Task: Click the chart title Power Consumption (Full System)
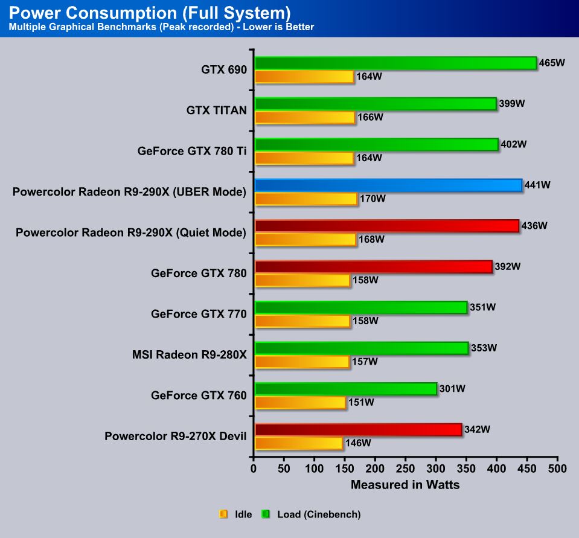(x=150, y=12)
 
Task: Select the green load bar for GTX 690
(x=395, y=63)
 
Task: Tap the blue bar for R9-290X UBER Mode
(x=388, y=185)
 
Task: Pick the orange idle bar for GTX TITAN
(x=305, y=117)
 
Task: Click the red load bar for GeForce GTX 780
(x=373, y=267)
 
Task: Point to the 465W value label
(x=551, y=63)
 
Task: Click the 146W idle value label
(x=357, y=443)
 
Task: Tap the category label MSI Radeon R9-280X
(x=189, y=354)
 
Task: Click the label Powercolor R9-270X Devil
(x=175, y=436)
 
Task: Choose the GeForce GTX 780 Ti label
(x=192, y=151)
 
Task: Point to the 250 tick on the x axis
(x=406, y=469)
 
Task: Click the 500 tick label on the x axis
(x=557, y=469)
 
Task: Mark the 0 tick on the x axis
(x=254, y=469)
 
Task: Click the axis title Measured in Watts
(x=405, y=484)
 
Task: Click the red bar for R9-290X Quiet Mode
(x=386, y=226)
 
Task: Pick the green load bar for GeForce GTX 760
(x=345, y=389)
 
